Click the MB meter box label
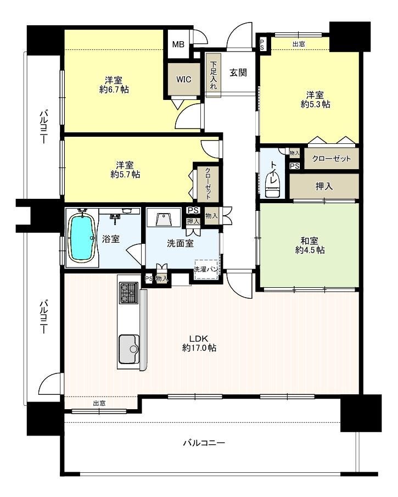click(x=178, y=44)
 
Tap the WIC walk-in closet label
click(x=184, y=79)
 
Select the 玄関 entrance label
click(x=238, y=72)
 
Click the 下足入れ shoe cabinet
click(x=213, y=75)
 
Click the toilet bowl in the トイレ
click(x=273, y=187)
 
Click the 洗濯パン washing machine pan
click(x=206, y=270)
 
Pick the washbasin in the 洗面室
click(x=164, y=219)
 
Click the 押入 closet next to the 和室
click(x=324, y=186)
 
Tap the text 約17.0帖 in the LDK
click(x=199, y=348)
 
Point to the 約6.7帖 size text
click(x=114, y=90)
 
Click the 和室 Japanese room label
click(x=310, y=241)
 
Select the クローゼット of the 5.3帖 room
click(x=332, y=158)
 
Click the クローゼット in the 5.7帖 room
click(x=208, y=183)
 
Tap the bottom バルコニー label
click(x=204, y=443)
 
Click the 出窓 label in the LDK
click(x=99, y=404)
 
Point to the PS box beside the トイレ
click(x=295, y=166)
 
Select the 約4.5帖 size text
click(x=310, y=250)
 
